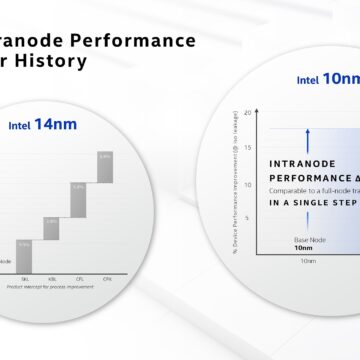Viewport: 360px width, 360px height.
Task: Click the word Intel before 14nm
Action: click(22, 127)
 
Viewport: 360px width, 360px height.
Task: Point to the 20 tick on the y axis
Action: click(246, 99)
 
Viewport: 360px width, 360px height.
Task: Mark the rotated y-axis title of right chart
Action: click(233, 180)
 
